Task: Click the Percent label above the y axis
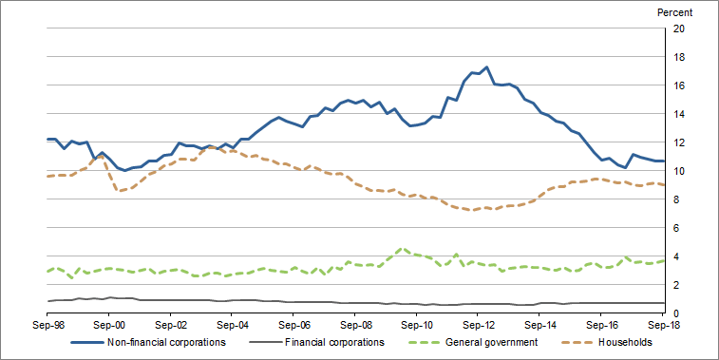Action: click(674, 12)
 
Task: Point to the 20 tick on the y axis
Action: click(679, 28)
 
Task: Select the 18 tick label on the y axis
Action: click(679, 57)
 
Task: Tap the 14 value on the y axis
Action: click(679, 114)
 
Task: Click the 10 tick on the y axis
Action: click(679, 171)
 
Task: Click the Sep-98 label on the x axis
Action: click(47, 325)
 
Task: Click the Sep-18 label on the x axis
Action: click(664, 325)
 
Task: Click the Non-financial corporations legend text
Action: click(167, 343)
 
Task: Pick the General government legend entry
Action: click(483, 343)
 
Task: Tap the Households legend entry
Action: click(625, 343)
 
